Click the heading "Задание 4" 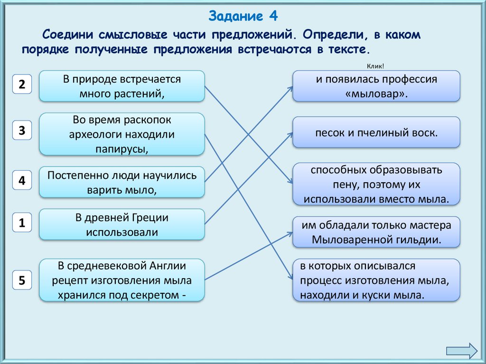(243, 17)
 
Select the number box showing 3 (22, 131)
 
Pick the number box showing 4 (22, 181)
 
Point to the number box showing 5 (22, 280)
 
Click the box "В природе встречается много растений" (122, 86)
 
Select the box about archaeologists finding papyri (122, 134)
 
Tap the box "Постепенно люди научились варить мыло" (122, 182)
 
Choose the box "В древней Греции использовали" (122, 224)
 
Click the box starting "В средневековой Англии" (122, 280)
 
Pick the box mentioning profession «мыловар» (376, 86)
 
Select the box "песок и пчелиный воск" (376, 132)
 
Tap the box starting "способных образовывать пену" (376, 184)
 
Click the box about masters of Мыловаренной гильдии (376, 232)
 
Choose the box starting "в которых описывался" (376, 280)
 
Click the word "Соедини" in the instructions (68, 35)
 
